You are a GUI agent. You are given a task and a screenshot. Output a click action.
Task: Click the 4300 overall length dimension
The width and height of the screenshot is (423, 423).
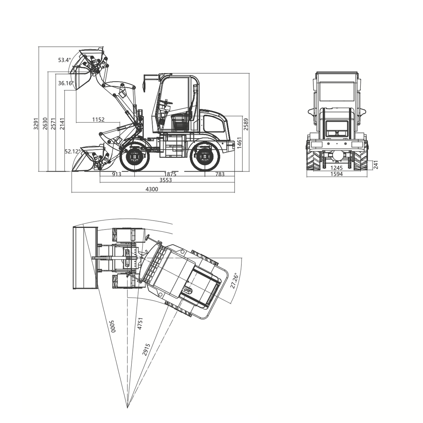pyautogui.click(x=152, y=189)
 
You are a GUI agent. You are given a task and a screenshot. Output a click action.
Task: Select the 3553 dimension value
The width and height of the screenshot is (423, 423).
pyautogui.click(x=166, y=180)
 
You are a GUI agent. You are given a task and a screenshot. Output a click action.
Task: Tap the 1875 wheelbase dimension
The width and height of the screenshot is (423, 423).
pyautogui.click(x=170, y=174)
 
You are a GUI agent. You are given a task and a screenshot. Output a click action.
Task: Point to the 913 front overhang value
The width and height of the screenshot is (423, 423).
pyautogui.click(x=117, y=174)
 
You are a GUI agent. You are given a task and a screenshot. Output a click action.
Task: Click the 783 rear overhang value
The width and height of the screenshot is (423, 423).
pyautogui.click(x=220, y=174)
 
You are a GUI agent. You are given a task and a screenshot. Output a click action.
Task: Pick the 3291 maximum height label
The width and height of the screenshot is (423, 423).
pyautogui.click(x=36, y=123)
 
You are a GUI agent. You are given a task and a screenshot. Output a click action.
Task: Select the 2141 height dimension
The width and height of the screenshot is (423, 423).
pyautogui.click(x=62, y=123)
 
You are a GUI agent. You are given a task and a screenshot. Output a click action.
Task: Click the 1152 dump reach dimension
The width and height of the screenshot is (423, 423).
pyautogui.click(x=98, y=119)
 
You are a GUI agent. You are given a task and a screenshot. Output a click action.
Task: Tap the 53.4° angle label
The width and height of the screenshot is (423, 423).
pyautogui.click(x=65, y=60)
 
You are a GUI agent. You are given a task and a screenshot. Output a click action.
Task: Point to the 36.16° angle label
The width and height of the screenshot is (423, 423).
pyautogui.click(x=66, y=83)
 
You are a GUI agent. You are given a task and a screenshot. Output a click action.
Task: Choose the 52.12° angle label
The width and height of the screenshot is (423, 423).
pyautogui.click(x=73, y=151)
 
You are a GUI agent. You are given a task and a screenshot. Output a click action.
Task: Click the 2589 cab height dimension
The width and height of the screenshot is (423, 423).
pyautogui.click(x=246, y=124)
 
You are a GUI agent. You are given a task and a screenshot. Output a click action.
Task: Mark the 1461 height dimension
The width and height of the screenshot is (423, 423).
pyautogui.click(x=239, y=143)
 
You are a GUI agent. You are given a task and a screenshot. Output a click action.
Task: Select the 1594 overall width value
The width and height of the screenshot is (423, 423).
pyautogui.click(x=336, y=174)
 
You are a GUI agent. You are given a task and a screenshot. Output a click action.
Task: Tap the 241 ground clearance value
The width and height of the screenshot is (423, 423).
pyautogui.click(x=376, y=164)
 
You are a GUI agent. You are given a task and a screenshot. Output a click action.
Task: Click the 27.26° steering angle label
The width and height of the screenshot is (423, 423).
pyautogui.click(x=234, y=281)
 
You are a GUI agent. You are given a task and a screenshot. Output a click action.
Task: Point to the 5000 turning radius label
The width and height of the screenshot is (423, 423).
pyautogui.click(x=112, y=326)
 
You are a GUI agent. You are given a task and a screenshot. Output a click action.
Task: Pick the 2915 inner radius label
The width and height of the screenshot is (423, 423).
pyautogui.click(x=146, y=349)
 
